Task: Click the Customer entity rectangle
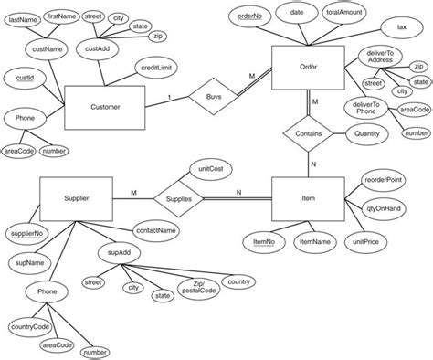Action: point(106,107)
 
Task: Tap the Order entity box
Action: point(308,68)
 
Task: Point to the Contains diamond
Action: point(308,134)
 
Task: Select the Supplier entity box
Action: point(76,196)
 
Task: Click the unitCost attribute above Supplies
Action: point(207,170)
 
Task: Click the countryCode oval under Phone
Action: point(29,325)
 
